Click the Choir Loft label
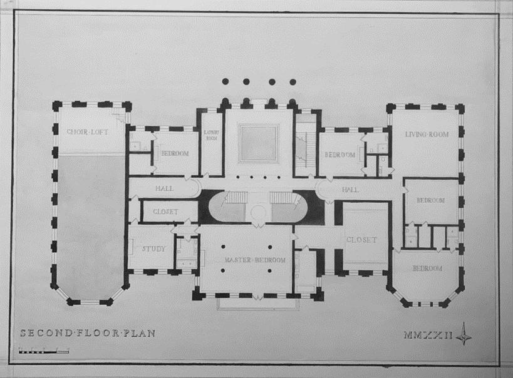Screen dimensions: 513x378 click(89, 131)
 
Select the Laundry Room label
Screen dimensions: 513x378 click(210, 135)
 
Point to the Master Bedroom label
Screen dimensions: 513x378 click(247, 260)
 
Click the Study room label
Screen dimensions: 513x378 click(153, 248)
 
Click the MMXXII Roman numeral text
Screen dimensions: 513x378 click(428, 335)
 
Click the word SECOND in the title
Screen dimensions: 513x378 click(43, 333)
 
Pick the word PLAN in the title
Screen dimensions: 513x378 click(138, 333)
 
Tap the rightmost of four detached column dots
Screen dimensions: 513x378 click(293, 81)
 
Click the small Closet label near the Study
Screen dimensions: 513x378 click(165, 212)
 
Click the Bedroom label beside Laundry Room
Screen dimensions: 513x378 click(170, 153)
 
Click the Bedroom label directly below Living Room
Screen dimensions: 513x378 click(430, 200)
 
